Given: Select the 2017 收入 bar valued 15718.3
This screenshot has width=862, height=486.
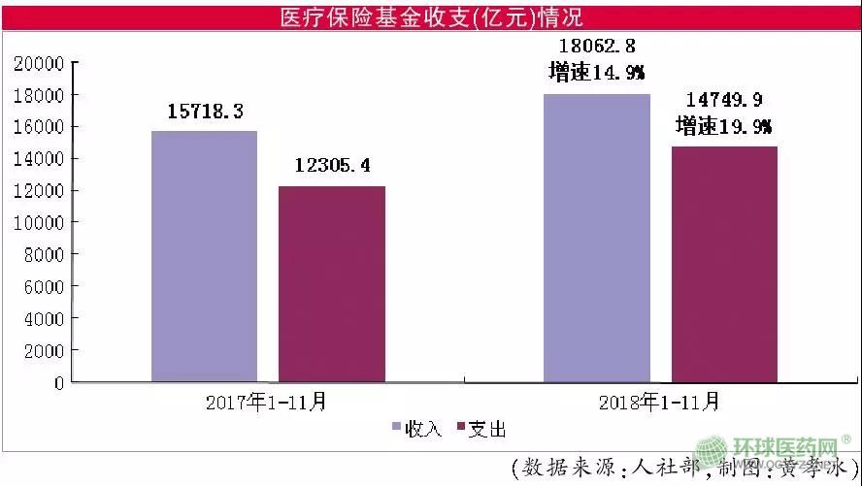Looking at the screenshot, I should [205, 256].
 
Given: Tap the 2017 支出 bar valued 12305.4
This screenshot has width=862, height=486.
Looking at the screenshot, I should [332, 283].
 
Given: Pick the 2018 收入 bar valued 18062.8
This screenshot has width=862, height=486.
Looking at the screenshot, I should [596, 238].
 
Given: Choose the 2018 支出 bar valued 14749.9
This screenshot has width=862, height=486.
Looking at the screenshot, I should [724, 264].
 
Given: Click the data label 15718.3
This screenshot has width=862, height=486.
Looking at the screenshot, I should [205, 113].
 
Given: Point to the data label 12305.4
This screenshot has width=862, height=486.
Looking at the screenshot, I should [332, 166].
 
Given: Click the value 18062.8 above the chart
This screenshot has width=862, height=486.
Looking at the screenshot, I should [596, 46].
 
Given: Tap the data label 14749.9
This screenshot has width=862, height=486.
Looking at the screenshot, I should [724, 99].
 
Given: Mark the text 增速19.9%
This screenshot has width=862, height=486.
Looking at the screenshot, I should [724, 126].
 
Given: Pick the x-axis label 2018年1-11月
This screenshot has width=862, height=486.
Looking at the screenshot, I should [659, 400].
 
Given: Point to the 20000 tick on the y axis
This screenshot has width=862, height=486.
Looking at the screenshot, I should [38, 64].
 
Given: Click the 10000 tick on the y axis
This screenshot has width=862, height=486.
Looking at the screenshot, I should [38, 223].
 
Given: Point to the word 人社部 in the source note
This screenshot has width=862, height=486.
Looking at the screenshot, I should [670, 467].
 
